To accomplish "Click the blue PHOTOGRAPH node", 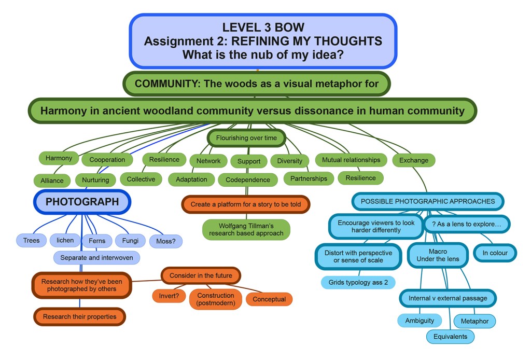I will click(x=82, y=202).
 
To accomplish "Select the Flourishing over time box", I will click(x=246, y=138).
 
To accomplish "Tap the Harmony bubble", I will click(x=59, y=158).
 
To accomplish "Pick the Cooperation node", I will click(x=107, y=160).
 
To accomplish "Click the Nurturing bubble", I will click(x=95, y=180).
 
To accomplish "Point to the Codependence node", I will click(x=248, y=180).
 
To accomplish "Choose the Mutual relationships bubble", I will click(x=351, y=160).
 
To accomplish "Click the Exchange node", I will click(x=414, y=160).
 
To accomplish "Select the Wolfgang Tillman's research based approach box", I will click(x=246, y=229).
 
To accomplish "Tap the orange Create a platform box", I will click(x=246, y=204).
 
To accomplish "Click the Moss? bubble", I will click(x=166, y=241).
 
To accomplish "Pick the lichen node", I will click(x=65, y=240).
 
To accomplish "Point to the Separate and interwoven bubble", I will click(x=96, y=257).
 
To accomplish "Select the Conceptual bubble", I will click(x=269, y=299).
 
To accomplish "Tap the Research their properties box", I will click(x=80, y=316).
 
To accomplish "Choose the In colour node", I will click(x=495, y=253).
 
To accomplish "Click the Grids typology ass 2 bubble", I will click(x=358, y=283).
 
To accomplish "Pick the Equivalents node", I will click(x=450, y=337).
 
